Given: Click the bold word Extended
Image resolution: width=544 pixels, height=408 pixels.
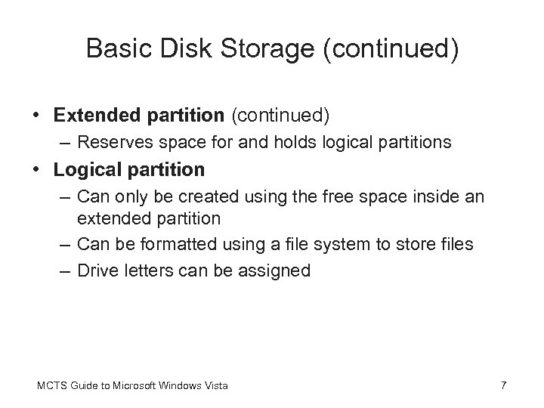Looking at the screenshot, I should [x=91, y=116].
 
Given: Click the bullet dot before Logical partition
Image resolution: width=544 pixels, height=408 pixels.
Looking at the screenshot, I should [x=36, y=170].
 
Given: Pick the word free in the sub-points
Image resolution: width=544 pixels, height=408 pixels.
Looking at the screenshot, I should [x=337, y=197].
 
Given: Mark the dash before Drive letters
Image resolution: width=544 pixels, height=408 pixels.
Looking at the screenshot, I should [x=64, y=270].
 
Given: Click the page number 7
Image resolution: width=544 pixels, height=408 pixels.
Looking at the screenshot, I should [x=504, y=387].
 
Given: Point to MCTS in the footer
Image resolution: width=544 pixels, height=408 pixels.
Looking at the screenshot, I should [x=49, y=387].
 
